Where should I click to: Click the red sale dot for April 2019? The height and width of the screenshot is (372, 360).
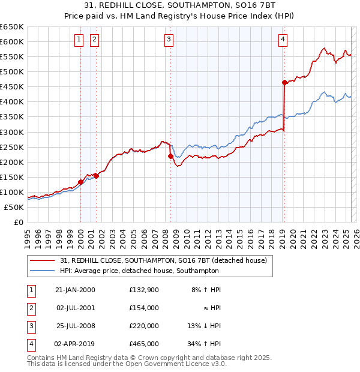[x=284, y=82]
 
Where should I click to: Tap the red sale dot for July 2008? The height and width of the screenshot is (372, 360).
[x=170, y=156]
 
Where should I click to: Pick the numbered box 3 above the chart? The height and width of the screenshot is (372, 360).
[x=169, y=40]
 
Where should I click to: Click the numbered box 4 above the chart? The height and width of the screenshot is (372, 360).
[x=283, y=40]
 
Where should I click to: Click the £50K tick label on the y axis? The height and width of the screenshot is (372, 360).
[x=14, y=207]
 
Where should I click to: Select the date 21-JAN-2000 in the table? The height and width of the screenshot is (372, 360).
[x=75, y=290]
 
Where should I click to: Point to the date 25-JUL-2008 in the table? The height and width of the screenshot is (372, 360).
[x=75, y=326]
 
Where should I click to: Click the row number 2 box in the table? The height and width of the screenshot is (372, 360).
[x=31, y=308]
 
